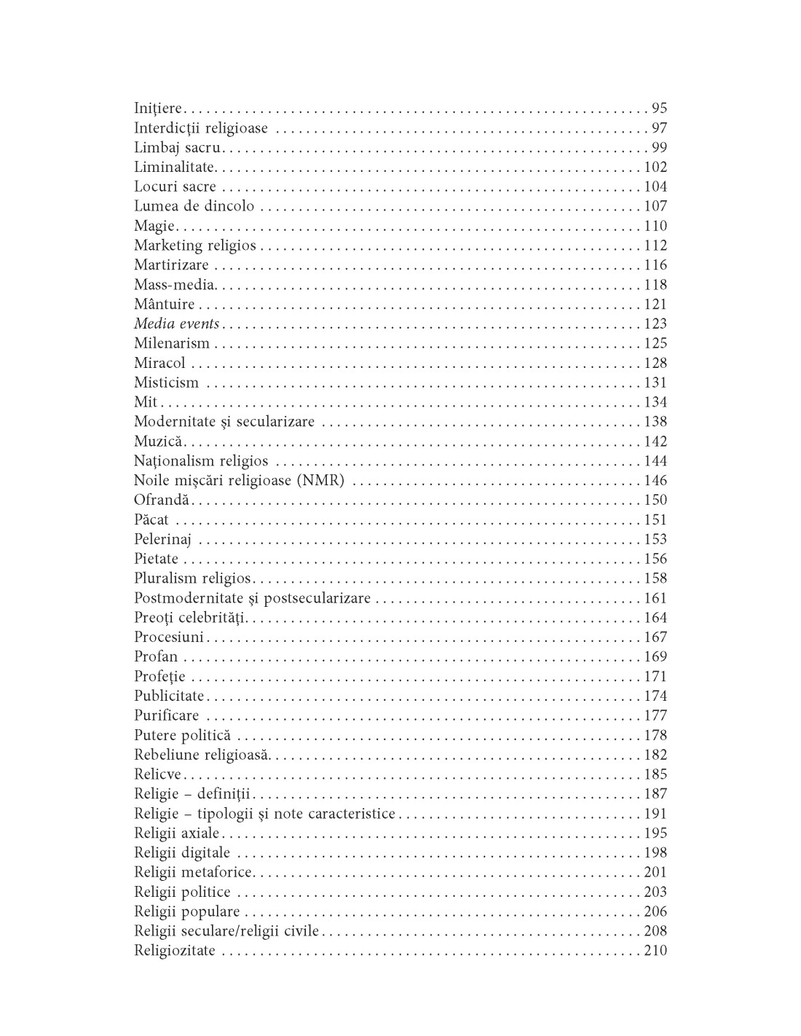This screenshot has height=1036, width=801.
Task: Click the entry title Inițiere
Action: coord(158,109)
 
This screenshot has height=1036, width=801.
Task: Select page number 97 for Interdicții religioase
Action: coord(659,128)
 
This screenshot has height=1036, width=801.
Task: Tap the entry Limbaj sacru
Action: coord(177,148)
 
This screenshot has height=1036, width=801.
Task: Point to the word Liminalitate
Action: coord(173,168)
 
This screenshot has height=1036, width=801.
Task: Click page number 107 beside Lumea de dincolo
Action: coord(655,206)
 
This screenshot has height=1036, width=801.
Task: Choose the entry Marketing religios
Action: coord(194,246)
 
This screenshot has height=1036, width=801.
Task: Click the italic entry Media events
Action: coord(176,323)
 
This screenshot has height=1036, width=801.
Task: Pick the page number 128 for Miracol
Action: coord(655,363)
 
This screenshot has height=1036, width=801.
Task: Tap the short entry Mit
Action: coord(146,402)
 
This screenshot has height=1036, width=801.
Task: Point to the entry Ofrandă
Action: coord(161,500)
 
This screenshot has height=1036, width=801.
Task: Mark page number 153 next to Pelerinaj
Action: coord(655,539)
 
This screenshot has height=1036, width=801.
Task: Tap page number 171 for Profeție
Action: coord(655,676)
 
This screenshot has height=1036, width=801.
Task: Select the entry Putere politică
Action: coord(182,735)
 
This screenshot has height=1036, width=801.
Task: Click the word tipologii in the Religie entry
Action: coord(224,814)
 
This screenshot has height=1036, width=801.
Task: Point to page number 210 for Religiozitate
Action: coord(655,951)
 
